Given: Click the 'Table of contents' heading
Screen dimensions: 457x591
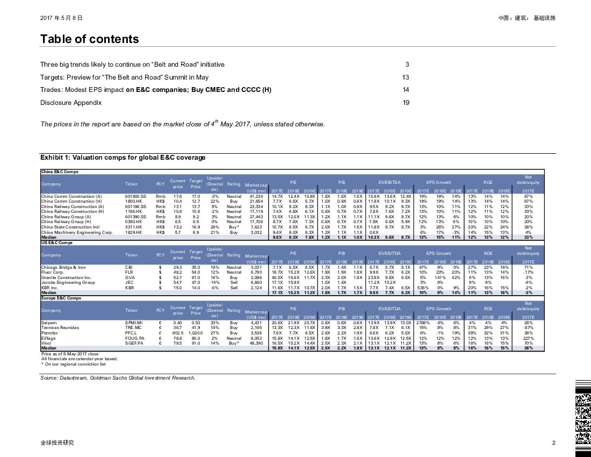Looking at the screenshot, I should tap(90, 39).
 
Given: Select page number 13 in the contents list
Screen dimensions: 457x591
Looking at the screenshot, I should tap(406, 77).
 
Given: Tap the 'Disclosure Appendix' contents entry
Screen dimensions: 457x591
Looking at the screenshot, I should tap(71, 103).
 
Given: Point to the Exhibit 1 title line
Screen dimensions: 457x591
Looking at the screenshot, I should tap(123, 158).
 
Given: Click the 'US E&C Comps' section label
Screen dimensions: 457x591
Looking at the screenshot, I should tap(57, 242).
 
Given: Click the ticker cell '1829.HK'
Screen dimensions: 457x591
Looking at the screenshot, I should tap(133, 233).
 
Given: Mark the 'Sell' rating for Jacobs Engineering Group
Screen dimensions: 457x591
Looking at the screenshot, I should tap(234, 282).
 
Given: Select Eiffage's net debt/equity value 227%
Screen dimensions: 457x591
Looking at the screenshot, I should tap(528, 338).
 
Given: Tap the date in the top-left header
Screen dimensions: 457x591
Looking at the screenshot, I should tap(61, 18).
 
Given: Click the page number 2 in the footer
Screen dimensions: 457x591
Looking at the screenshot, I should tap(553, 442).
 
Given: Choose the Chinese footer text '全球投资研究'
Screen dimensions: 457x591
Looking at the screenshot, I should tap(57, 442).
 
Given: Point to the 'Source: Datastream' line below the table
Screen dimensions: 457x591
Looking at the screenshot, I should tap(118, 378).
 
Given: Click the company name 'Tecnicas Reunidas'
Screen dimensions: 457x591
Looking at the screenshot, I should tap(60, 327).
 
